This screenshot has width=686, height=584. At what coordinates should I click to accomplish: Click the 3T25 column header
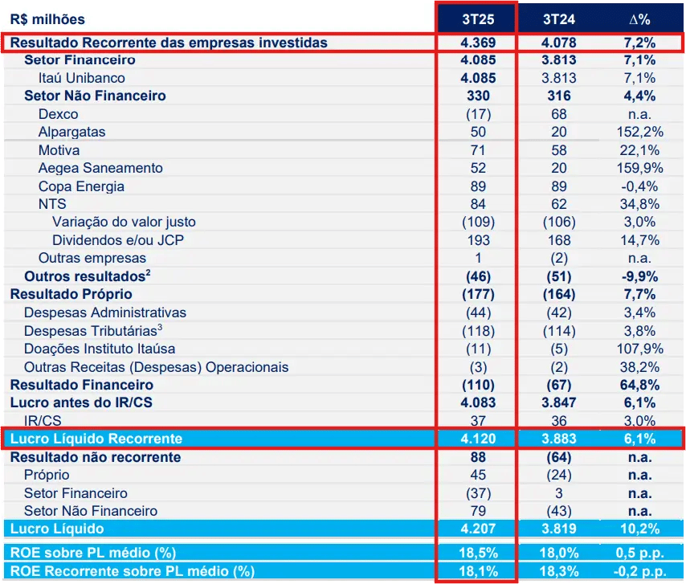click(478, 18)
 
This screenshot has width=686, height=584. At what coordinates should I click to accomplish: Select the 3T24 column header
click(559, 18)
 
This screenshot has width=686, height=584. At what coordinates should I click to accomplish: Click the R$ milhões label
click(47, 18)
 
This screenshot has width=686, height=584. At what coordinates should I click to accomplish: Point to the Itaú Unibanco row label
click(81, 78)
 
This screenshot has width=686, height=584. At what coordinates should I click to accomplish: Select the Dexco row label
click(58, 114)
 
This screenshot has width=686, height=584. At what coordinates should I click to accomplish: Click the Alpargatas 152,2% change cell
click(639, 132)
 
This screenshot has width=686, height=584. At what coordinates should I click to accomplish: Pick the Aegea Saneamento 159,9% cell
click(639, 168)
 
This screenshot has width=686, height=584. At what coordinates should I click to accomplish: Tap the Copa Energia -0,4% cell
click(639, 186)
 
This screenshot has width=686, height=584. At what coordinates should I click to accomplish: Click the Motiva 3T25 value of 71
click(478, 150)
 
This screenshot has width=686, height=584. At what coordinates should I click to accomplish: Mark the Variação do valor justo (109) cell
click(478, 222)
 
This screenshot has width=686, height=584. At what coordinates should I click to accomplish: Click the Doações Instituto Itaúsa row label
click(100, 349)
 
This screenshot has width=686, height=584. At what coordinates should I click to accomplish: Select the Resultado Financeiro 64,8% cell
click(639, 385)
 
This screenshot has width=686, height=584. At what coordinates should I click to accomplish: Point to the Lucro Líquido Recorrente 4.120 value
click(478, 439)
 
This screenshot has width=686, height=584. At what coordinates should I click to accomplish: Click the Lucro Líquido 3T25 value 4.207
click(478, 529)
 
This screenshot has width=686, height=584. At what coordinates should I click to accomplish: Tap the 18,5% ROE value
click(478, 553)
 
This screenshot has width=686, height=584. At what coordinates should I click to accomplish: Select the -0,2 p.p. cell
click(639, 571)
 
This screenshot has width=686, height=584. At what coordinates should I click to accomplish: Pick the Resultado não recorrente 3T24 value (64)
click(559, 457)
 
